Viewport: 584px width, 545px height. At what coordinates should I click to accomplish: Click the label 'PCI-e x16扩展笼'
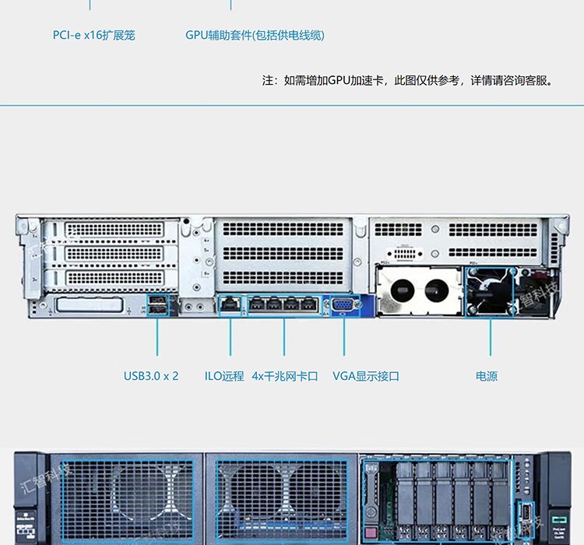tap(93, 35)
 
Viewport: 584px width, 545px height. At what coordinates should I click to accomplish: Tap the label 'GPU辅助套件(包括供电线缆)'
tap(255, 35)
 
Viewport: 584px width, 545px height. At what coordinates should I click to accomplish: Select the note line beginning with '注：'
tap(407, 80)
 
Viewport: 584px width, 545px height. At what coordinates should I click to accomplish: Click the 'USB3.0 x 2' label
tap(151, 376)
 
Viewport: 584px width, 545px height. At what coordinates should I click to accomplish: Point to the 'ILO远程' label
tap(224, 376)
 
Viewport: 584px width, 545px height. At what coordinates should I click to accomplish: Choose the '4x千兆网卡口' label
tap(285, 376)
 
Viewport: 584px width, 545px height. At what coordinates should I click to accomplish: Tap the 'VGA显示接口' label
tap(366, 376)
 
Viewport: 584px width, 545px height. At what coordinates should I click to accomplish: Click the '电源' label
tap(487, 376)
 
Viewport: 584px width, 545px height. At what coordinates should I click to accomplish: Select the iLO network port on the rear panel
tap(230, 304)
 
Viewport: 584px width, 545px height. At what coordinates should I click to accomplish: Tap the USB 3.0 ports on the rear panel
tap(157, 304)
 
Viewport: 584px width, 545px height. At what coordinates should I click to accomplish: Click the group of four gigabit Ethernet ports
tap(284, 304)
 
